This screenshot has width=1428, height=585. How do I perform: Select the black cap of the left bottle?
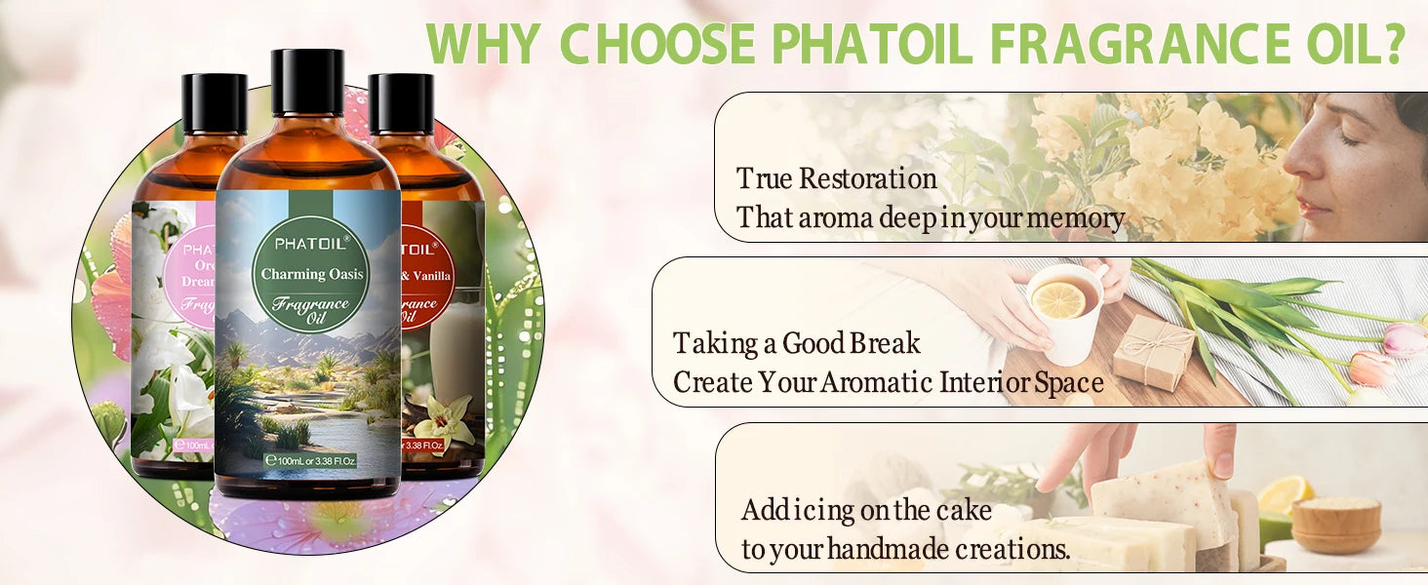[x=214, y=103]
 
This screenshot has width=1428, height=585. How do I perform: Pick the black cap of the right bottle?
[x=401, y=103]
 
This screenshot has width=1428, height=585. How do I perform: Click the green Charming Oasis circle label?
[x=311, y=274]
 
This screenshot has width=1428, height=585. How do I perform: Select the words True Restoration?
[x=836, y=179]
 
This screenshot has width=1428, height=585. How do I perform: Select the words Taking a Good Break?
[x=796, y=343]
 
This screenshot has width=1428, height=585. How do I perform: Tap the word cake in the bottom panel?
[x=964, y=510]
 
